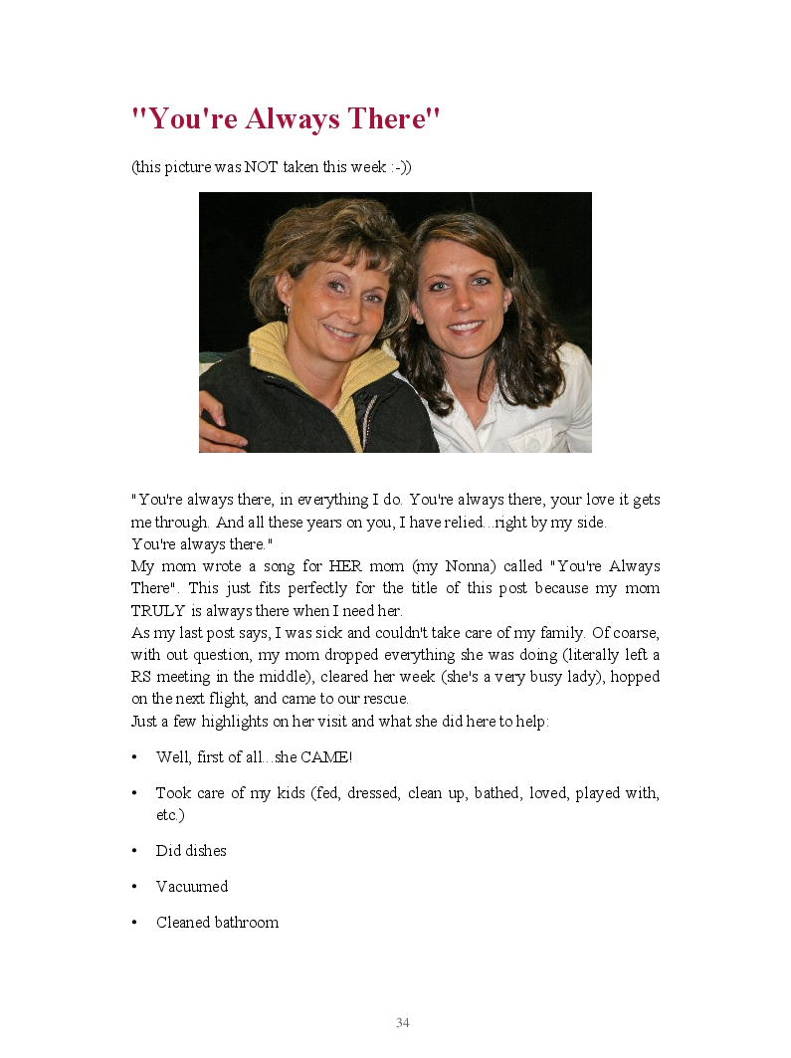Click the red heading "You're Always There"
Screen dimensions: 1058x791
(x=286, y=119)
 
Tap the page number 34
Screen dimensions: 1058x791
(x=403, y=1023)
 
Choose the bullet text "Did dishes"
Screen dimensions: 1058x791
(x=191, y=851)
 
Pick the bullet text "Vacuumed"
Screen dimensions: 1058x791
(x=192, y=887)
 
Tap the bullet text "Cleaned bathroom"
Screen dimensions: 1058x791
(x=217, y=923)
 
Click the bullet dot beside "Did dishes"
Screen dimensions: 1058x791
(x=134, y=851)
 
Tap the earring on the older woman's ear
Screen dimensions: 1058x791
(x=287, y=311)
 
